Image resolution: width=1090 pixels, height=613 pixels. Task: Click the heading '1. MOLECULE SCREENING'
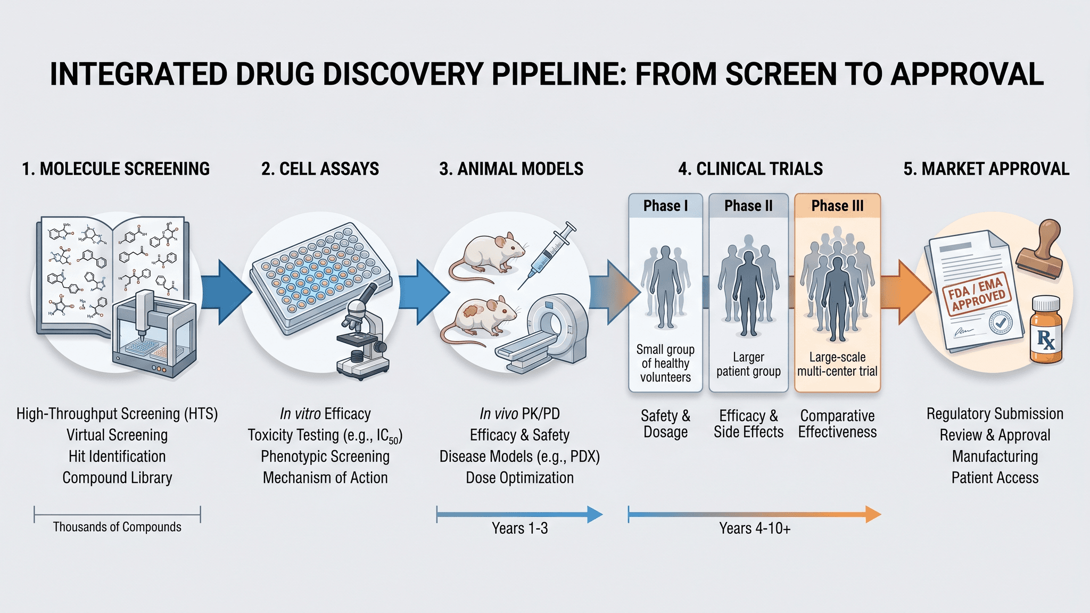[x=115, y=169]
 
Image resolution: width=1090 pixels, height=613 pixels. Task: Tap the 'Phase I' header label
[x=665, y=206]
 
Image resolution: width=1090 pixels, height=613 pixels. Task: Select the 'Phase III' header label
[x=837, y=206]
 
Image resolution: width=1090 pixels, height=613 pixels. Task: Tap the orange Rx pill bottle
[x=1046, y=330]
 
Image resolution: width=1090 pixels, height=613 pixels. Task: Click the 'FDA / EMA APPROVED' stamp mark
[x=977, y=294]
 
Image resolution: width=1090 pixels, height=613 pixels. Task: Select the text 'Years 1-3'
[x=519, y=528]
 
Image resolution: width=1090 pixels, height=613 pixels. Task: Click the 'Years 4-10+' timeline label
[x=755, y=528]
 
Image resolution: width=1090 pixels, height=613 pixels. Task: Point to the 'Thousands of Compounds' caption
[x=117, y=527]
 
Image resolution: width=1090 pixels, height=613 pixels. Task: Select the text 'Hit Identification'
[x=117, y=457]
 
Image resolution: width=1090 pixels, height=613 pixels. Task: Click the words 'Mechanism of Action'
[x=325, y=478]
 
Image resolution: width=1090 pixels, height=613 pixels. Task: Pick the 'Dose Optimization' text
[x=519, y=478]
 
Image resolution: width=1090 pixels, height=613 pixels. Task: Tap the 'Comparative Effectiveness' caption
[x=837, y=424]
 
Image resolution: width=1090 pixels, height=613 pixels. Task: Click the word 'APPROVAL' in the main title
[x=967, y=74]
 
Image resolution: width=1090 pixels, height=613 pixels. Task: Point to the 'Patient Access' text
[x=995, y=478]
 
